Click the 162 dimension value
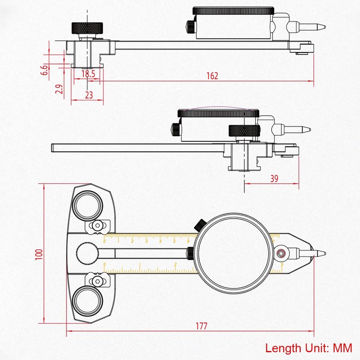pyautogui.click(x=213, y=76)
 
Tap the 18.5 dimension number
pyautogui.click(x=88, y=74)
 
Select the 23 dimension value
pyautogui.click(x=89, y=95)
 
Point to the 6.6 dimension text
pyautogui.click(x=44, y=69)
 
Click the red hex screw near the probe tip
pyautogui.click(x=282, y=253)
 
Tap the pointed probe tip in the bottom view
pyautogui.click(x=322, y=253)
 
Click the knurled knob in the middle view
pyautogui.click(x=244, y=130)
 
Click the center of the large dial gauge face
pyautogui.click(x=234, y=253)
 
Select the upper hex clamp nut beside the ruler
pyautogui.click(x=98, y=225)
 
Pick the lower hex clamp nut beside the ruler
pyautogui.click(x=97, y=281)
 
